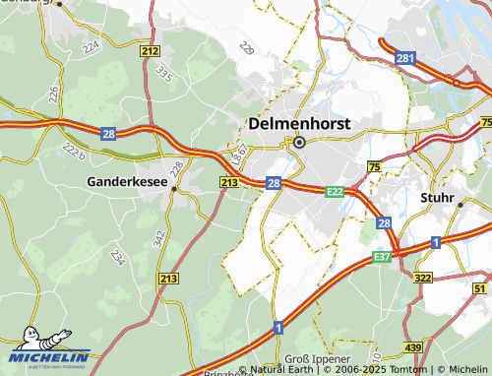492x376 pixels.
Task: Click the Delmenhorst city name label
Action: [x=300, y=124]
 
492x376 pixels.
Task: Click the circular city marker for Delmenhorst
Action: [x=299, y=142]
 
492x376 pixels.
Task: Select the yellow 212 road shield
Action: [x=150, y=50]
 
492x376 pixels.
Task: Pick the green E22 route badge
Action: [x=336, y=192]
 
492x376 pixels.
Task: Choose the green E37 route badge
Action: [x=383, y=257]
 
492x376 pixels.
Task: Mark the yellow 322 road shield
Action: [x=423, y=279]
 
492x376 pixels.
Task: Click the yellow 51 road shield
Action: [x=480, y=287]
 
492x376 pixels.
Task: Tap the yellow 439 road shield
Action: [x=413, y=348]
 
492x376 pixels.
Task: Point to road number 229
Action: [x=246, y=50]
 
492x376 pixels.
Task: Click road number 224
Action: [x=92, y=46]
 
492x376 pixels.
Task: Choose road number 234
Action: [x=118, y=257]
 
